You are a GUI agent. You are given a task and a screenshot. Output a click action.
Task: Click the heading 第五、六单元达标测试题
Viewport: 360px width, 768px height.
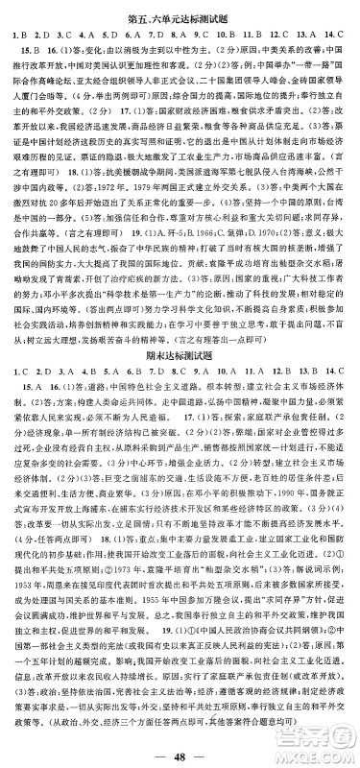(180, 11)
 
